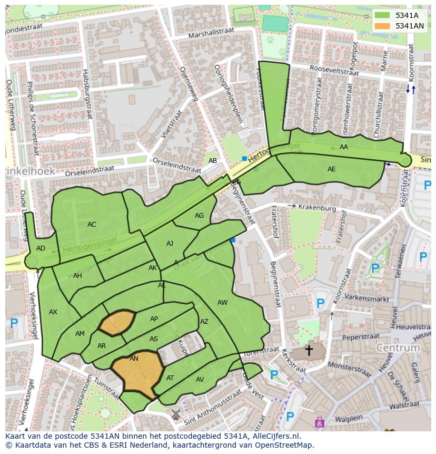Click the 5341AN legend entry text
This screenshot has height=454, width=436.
pyautogui.click(x=410, y=26)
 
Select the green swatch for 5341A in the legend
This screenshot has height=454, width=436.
pyautogui.click(x=383, y=15)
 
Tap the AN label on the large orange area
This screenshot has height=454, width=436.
pyautogui.click(x=134, y=359)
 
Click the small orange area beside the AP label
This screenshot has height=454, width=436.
pyautogui.click(x=117, y=323)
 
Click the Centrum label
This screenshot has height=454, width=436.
pyautogui.click(x=398, y=348)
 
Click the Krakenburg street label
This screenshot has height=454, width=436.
pyautogui.click(x=316, y=208)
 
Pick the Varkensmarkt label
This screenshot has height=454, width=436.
pyautogui.click(x=363, y=298)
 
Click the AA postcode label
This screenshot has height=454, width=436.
pyautogui.click(x=344, y=147)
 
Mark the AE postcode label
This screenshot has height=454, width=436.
pyautogui.click(x=331, y=169)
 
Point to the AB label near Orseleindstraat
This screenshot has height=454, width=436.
pyautogui.click(x=213, y=161)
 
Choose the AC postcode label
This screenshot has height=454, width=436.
pyautogui.click(x=92, y=225)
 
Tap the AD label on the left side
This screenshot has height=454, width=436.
pyautogui.click(x=41, y=248)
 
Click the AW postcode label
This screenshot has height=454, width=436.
pyautogui.click(x=222, y=302)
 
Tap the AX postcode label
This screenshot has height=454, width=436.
pyautogui.click(x=53, y=312)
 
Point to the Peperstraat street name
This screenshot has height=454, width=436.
pyautogui.click(x=361, y=336)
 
